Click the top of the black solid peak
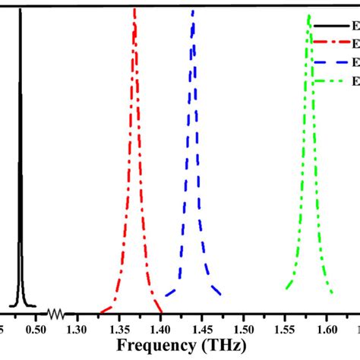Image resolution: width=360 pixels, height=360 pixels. coord(20,10)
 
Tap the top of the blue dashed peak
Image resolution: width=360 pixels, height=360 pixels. coord(193,11)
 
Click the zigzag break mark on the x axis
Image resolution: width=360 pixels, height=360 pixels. coord(55,312)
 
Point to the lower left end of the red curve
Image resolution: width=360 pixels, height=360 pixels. coord(100,311)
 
